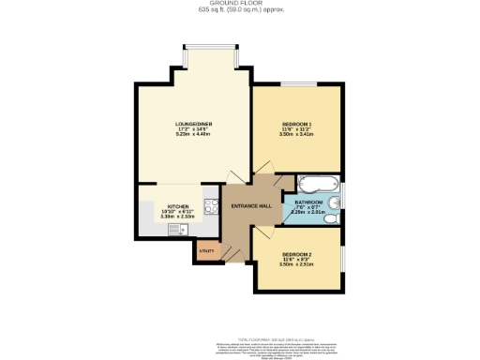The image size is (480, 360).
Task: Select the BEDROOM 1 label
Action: (x=297, y=123)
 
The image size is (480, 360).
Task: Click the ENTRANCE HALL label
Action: (x=252, y=205)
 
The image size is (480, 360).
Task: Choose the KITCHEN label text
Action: (x=178, y=206)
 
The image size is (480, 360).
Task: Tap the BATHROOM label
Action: (x=308, y=202)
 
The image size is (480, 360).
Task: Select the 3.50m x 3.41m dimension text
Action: (x=297, y=134)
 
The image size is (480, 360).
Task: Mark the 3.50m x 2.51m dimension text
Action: (x=298, y=264)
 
